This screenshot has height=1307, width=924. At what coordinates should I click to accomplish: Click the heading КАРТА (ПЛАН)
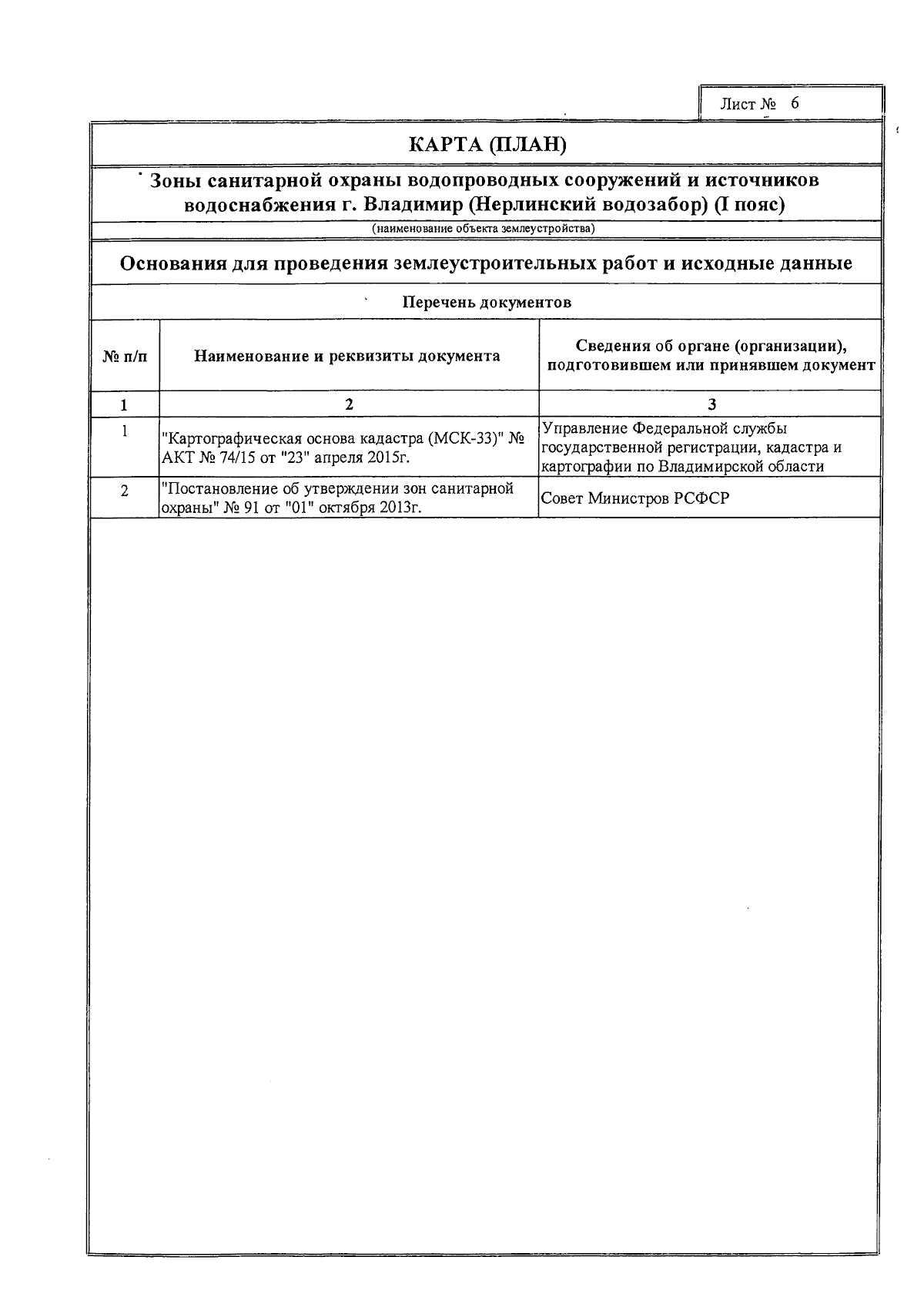coord(487,145)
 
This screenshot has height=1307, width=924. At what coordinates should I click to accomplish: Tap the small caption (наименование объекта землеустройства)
coord(483,229)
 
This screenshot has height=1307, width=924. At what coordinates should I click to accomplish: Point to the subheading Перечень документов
coord(487,302)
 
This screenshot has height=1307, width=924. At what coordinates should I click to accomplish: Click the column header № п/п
coord(125,356)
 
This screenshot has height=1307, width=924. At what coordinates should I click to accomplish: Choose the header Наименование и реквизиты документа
coord(346,356)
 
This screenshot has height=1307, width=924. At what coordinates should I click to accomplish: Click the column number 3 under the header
coord(711,404)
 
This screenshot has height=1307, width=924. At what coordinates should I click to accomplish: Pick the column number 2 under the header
coord(349,404)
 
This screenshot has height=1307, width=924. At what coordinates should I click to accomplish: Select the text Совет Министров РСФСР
coord(635,498)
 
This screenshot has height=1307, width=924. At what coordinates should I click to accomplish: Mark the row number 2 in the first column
coord(125,491)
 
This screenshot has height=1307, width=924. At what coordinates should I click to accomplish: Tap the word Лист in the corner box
coord(737,105)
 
